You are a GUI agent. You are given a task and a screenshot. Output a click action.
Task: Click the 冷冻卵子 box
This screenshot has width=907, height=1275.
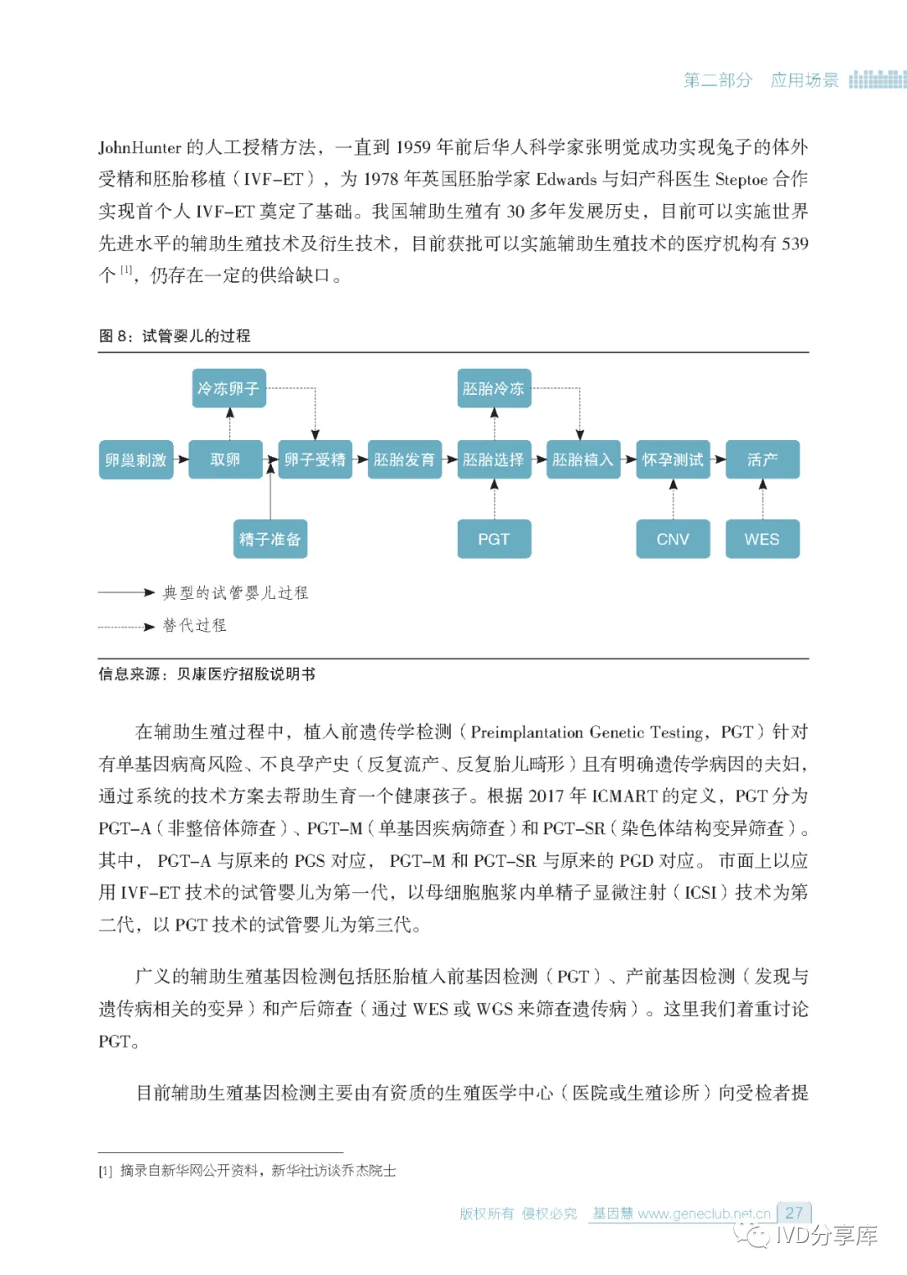point(228,388)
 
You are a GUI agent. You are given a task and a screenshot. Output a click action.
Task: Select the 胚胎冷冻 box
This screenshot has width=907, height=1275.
point(494,388)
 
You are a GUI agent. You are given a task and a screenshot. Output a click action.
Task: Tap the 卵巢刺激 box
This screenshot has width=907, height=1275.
point(136,459)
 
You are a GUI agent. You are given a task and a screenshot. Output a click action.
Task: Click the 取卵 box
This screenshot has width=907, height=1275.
point(225,459)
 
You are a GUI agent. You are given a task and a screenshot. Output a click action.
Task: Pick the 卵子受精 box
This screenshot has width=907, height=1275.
point(315,459)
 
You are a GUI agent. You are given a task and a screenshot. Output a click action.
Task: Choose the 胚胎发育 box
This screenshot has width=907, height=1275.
point(404,459)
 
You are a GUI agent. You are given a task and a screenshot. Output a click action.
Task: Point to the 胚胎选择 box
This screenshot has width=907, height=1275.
point(494,459)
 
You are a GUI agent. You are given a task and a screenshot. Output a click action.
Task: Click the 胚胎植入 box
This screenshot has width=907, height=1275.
point(583,459)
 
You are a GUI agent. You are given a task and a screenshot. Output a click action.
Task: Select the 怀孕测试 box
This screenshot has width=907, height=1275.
point(673,459)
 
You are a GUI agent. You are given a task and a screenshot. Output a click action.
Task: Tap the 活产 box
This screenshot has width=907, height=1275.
point(762,459)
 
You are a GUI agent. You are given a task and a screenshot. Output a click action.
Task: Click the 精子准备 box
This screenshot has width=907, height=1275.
point(270,538)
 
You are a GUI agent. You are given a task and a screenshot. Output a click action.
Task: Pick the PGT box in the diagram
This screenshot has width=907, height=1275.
point(494,538)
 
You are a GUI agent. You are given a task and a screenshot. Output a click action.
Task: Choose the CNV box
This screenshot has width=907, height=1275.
point(673,538)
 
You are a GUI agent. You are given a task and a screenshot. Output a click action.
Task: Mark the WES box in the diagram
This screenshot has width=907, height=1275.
point(762,538)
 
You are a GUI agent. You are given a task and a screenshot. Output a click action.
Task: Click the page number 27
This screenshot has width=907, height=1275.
point(794,1213)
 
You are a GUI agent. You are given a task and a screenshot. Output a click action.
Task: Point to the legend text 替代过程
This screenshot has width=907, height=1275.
point(195,625)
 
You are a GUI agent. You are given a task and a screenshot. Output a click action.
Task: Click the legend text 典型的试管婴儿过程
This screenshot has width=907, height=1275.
point(235,593)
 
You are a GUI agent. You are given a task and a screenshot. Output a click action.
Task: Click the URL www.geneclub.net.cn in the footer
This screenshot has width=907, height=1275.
point(704,1214)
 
